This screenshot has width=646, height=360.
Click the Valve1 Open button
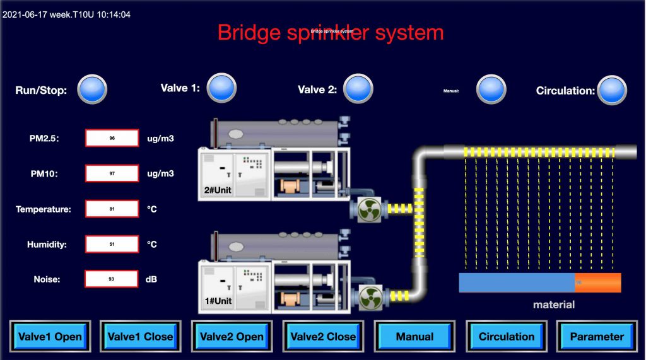coord(50,337)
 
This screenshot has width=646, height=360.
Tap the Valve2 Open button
coord(232,337)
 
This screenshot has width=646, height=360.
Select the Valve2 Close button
coord(323,337)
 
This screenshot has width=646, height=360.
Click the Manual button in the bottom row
coord(414,337)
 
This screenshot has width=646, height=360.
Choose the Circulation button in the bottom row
coord(506,337)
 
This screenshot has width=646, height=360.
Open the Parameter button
coord(596,337)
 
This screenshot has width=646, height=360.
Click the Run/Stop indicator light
coord(92,90)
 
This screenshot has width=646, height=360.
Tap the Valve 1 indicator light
coord(222,88)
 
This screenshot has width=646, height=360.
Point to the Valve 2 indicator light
coord(358,89)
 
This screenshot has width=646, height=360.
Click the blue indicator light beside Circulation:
coord(612,90)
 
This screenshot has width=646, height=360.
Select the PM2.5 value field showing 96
coord(112,138)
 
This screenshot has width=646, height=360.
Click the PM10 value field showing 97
coord(112,173)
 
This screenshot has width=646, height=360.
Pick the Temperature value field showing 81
coord(112,209)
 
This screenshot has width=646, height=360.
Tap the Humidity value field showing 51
coord(112,244)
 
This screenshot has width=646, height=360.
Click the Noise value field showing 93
coord(112,279)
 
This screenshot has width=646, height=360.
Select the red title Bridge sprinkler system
coord(331,32)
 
